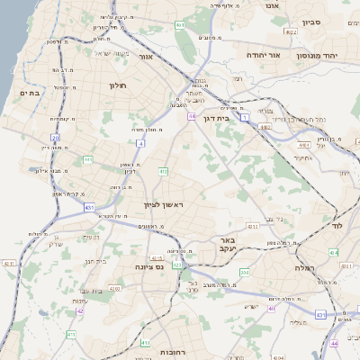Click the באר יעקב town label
[x=227, y=246]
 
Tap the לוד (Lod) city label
[x=338, y=226]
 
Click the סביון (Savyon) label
[x=311, y=22]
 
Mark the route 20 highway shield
[x=55, y=138]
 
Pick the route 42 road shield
[x=78, y=310]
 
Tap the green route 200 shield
[x=244, y=272]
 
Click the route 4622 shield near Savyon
[x=291, y=31]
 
